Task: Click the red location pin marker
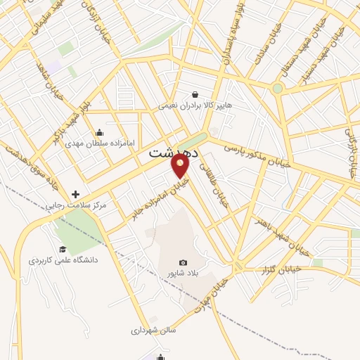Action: (x=181, y=165)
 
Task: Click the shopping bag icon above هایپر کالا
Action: (x=194, y=94)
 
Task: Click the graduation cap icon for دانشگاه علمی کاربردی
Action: (x=63, y=249)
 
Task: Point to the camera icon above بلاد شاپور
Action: (x=184, y=262)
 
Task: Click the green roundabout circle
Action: (x=278, y=89)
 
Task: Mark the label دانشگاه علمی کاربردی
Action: (x=63, y=260)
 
